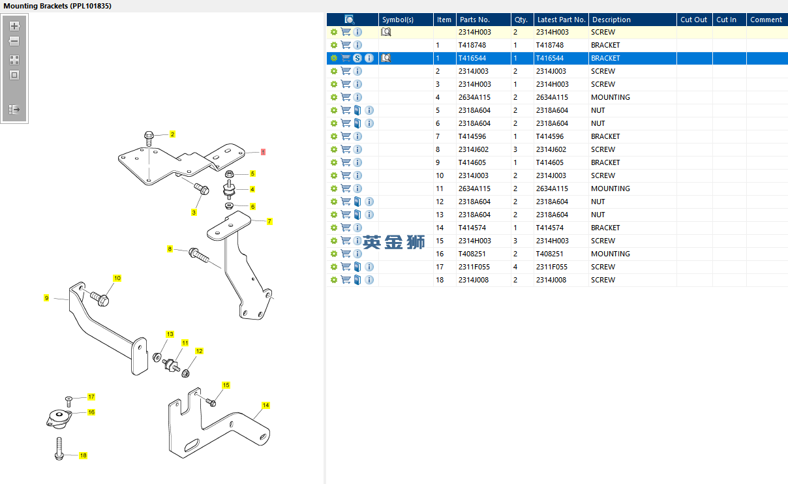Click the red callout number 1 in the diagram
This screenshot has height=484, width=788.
click(263, 152)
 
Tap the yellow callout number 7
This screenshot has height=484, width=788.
click(269, 221)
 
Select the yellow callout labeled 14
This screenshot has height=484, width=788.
click(265, 405)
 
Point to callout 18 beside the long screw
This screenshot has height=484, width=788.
click(83, 455)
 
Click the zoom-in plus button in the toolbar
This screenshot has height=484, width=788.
click(14, 26)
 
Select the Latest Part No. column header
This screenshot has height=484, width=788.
click(561, 20)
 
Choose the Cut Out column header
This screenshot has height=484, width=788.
click(693, 20)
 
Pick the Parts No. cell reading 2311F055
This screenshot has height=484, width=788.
click(474, 267)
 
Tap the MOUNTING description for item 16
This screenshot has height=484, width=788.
click(611, 254)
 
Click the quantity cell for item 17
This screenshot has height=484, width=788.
click(515, 267)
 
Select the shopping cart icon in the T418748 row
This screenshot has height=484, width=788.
click(346, 45)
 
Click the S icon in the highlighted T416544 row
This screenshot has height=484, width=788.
click(357, 58)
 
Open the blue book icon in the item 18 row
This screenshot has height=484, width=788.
click(357, 280)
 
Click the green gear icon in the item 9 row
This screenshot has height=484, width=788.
click(334, 162)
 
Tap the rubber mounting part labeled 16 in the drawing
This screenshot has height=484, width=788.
click(59, 419)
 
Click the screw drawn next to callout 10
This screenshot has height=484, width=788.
click(100, 299)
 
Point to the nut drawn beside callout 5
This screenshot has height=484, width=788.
click(230, 174)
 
